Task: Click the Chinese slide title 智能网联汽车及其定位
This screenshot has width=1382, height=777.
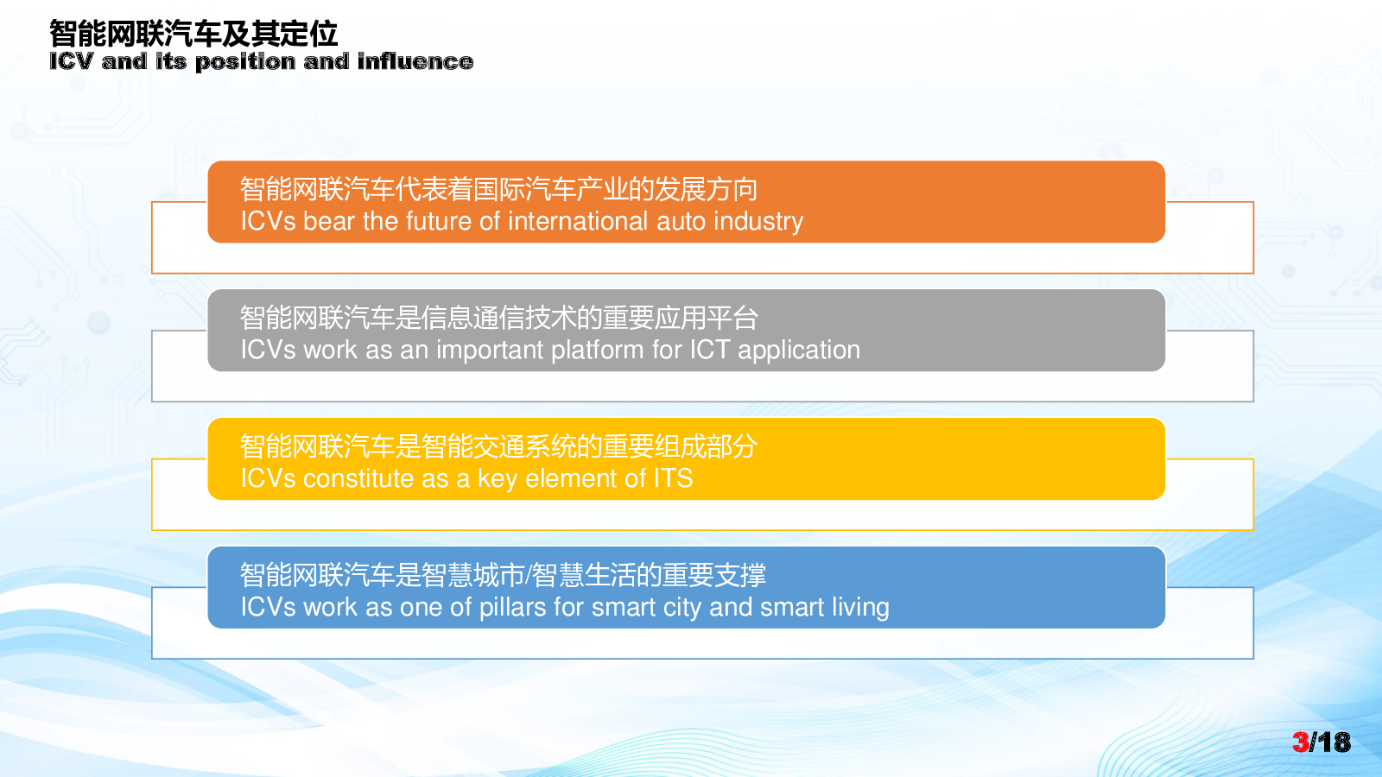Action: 193,34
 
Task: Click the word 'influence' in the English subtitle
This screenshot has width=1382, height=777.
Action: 415,61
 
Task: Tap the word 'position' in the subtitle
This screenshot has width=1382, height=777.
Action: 245,62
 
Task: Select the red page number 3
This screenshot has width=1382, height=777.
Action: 1301,742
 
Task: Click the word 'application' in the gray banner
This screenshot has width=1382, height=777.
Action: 799,351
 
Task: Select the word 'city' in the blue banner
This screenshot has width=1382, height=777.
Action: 682,608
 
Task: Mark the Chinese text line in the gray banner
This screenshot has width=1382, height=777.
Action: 498,319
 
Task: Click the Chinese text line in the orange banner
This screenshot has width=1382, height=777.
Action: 498,189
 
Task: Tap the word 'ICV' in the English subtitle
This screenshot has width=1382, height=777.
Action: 71,61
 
